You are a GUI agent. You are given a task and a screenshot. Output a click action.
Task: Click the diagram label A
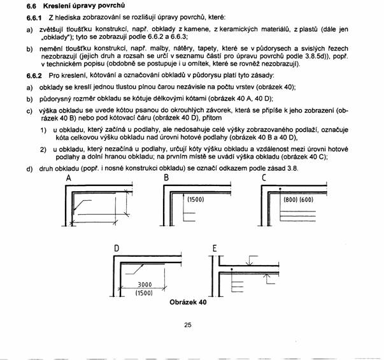coord(67,179)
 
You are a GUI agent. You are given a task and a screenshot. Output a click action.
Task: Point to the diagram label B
coord(166,178)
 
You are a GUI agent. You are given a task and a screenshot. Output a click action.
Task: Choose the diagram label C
coord(264,178)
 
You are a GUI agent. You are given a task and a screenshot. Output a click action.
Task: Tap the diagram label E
coord(215,247)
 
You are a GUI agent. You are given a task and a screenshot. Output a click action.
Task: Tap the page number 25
coord(188,325)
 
